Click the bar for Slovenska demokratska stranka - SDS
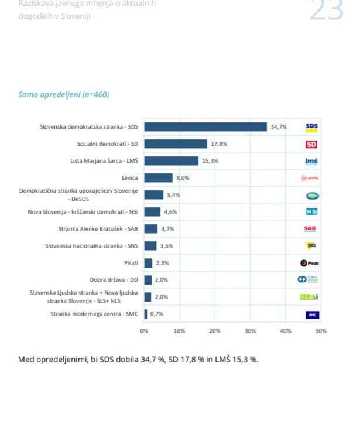[x=205, y=127]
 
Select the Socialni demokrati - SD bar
[x=176, y=144]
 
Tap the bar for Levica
[x=158, y=177]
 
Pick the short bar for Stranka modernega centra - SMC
[x=146, y=314]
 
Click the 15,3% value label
[x=210, y=161]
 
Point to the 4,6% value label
[x=170, y=212]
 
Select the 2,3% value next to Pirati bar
[x=162, y=263]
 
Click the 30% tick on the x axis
[x=250, y=331]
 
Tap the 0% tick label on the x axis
[x=144, y=331]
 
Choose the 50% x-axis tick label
[x=321, y=331]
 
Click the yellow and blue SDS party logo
[x=311, y=128]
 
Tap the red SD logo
[x=311, y=144]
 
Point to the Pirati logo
[x=310, y=263]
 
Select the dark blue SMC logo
[x=312, y=315]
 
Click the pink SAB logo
[x=310, y=228]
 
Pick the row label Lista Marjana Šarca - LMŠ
[x=104, y=161]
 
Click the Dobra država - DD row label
[x=114, y=280]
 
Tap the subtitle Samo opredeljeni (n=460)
[x=64, y=94]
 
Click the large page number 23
[x=326, y=11]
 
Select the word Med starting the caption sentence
[x=26, y=359]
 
